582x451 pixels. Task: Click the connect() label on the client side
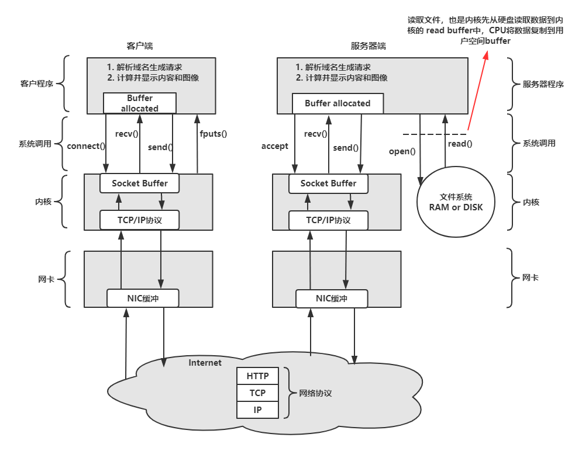tap(86, 145)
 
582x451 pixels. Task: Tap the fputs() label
tap(212, 133)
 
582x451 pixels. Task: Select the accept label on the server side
tap(274, 146)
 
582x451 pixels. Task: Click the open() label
tap(402, 151)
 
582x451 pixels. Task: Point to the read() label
tap(460, 143)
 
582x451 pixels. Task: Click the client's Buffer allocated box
tap(139, 103)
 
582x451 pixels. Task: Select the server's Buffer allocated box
tap(338, 103)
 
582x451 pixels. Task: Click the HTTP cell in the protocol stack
tap(257, 376)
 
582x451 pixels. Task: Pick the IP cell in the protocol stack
tap(257, 410)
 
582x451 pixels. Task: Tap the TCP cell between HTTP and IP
tap(257, 393)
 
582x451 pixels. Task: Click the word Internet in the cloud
tap(205, 363)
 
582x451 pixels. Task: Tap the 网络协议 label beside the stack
tap(315, 393)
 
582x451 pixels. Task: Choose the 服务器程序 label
tap(543, 84)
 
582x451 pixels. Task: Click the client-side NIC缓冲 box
tap(143, 298)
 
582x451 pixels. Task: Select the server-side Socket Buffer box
tap(328, 183)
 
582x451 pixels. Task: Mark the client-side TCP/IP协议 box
tap(139, 220)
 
